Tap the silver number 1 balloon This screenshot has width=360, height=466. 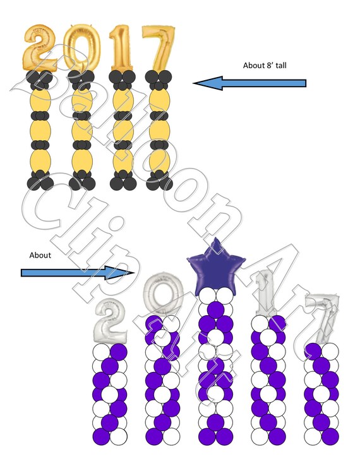click(x=265, y=294)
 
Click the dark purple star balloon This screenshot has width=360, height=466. click(x=215, y=268)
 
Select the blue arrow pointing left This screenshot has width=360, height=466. click(x=249, y=83)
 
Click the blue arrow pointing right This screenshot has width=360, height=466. click(x=78, y=273)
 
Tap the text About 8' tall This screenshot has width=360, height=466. click(x=265, y=66)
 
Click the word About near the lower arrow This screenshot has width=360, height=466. click(x=40, y=255)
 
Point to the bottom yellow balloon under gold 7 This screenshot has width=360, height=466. click(x=160, y=160)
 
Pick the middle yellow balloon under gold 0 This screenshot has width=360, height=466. click(x=82, y=130)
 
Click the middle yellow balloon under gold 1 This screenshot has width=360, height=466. click(x=123, y=130)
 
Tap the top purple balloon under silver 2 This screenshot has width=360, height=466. click(x=119, y=352)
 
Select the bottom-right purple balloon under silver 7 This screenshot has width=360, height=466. click(x=330, y=436)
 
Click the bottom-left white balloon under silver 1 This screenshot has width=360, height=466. click(x=260, y=436)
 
